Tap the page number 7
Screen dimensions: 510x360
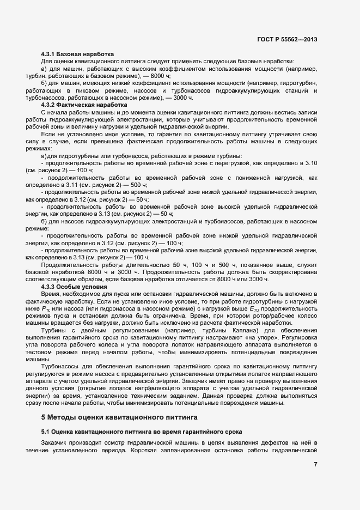pos(315,464)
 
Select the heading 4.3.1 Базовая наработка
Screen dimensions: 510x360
pos(77,54)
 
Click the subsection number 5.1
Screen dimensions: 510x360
pos(46,432)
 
